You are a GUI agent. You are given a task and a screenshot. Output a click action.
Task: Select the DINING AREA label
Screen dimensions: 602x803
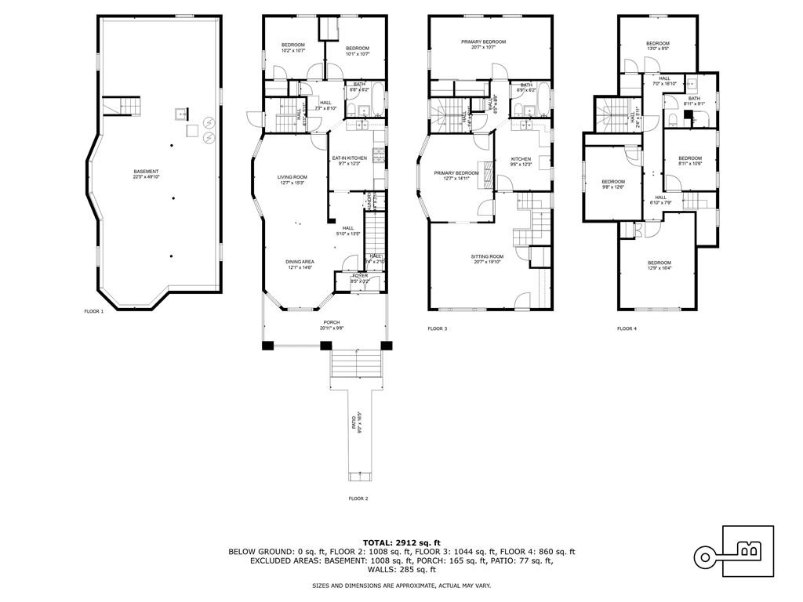299,264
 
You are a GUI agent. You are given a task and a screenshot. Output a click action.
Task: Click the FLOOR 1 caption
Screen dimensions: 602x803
94,311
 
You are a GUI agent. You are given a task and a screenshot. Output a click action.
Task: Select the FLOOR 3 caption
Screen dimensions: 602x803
437,328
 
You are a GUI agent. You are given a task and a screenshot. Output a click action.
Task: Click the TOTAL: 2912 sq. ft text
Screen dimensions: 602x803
401,542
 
